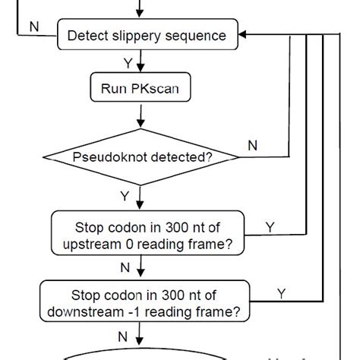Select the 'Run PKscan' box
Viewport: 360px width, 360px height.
141,87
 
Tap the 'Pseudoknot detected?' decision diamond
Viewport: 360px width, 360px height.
142,158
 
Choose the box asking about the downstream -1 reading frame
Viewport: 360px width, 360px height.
145,302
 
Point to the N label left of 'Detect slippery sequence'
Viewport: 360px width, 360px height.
33,27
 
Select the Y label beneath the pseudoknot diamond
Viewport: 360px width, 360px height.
125,196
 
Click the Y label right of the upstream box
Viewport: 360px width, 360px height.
270,226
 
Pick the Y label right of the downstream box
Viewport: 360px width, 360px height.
281,292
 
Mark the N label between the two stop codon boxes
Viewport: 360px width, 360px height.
125,267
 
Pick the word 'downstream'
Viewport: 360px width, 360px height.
87,310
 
